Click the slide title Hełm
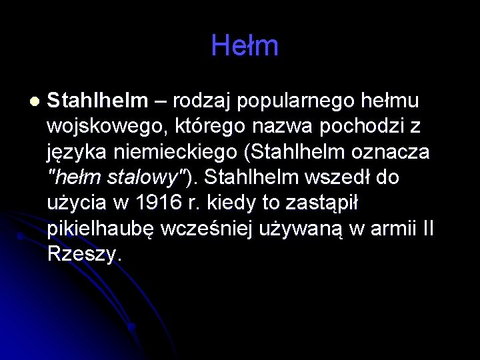click(x=244, y=46)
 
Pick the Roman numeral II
click(x=428, y=228)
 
